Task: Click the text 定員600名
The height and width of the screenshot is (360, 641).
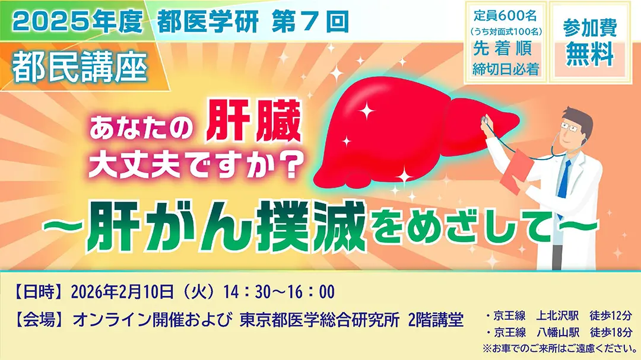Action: click(x=506, y=16)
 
